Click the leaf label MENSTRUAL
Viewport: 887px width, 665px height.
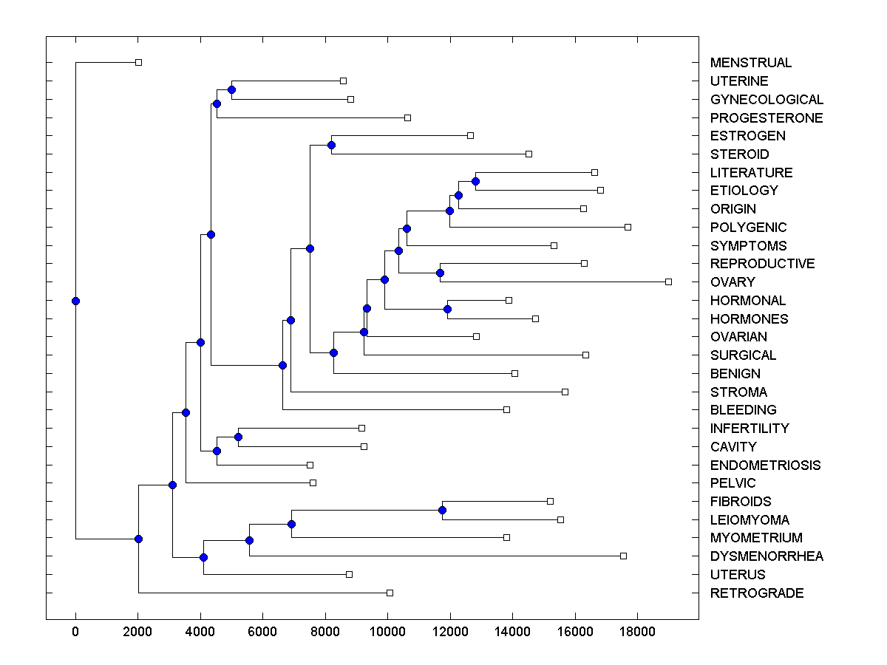click(x=750, y=63)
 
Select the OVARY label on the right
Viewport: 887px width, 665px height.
click(x=733, y=282)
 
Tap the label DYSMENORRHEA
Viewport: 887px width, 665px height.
click(x=767, y=556)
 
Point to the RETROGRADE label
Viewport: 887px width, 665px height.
click(x=756, y=593)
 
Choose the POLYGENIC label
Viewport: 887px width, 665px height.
click(x=748, y=228)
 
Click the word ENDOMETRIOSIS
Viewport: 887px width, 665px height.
click(x=765, y=465)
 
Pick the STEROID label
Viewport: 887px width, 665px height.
click(x=739, y=154)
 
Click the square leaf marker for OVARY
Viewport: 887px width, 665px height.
click(x=668, y=282)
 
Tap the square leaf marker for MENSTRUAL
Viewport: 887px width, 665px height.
click(x=138, y=62)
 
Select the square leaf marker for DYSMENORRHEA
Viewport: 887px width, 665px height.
click(x=623, y=556)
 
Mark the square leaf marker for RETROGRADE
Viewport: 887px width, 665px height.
click(x=390, y=593)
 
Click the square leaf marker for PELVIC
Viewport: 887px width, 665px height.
click(x=313, y=482)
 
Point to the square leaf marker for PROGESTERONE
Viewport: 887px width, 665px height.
click(x=407, y=117)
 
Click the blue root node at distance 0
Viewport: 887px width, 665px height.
click(x=75, y=301)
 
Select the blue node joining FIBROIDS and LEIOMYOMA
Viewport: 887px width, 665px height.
click(x=442, y=510)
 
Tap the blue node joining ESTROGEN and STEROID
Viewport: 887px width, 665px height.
click(x=332, y=145)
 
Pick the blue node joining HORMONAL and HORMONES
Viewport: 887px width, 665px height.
click(x=447, y=309)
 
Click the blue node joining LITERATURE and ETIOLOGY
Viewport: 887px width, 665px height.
click(x=475, y=181)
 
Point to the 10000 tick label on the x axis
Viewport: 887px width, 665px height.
click(x=387, y=630)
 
